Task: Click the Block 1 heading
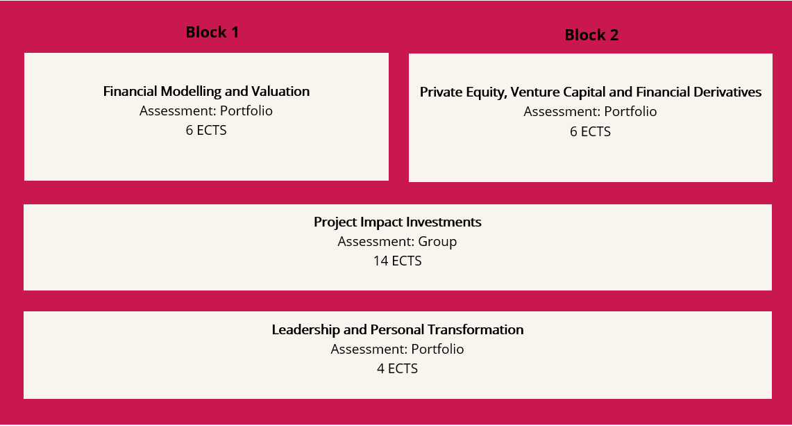point(212,32)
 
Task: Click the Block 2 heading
point(591,35)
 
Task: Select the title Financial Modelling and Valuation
point(206,92)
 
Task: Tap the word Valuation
point(280,91)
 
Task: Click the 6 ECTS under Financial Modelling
point(206,131)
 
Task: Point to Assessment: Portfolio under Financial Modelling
point(206,110)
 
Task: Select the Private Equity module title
point(591,92)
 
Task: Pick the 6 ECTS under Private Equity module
point(591,131)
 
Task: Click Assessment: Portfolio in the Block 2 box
point(591,112)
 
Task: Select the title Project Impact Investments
point(398,222)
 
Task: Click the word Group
point(437,242)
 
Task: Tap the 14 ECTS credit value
point(398,261)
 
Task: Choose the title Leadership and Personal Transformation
point(398,330)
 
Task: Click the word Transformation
point(475,330)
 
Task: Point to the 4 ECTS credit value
point(398,369)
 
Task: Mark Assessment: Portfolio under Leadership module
point(398,349)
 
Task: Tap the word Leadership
point(306,330)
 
